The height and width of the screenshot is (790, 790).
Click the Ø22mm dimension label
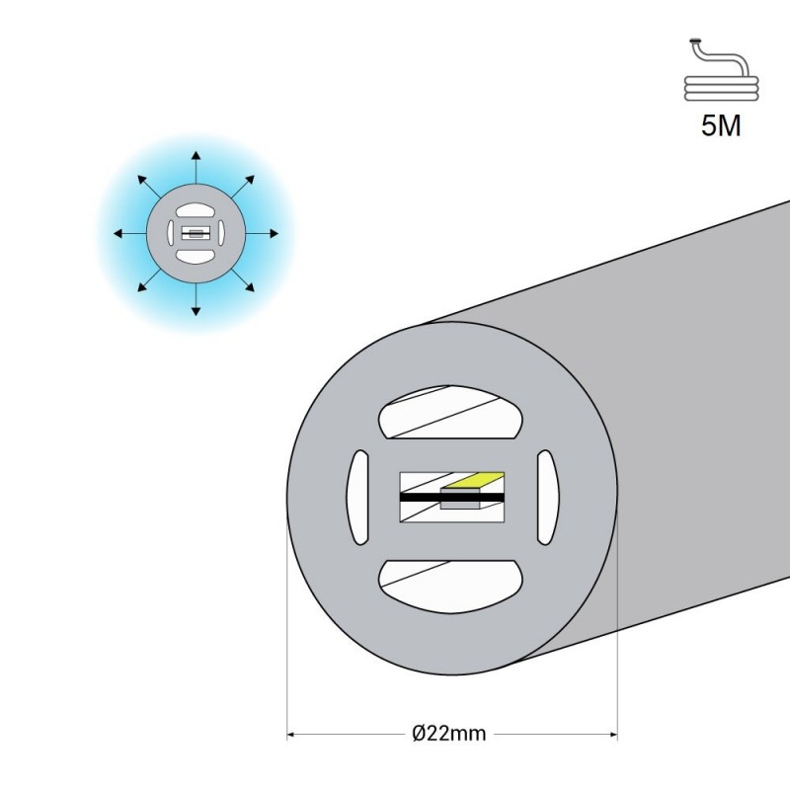(449, 733)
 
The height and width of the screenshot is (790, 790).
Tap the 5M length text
(721, 125)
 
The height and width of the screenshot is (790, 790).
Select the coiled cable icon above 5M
(722, 70)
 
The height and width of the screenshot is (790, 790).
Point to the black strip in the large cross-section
(452, 498)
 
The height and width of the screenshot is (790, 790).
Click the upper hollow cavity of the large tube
(450, 412)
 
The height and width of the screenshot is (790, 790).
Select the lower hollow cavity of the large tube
(450, 587)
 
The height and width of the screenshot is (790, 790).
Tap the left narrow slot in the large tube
(357, 498)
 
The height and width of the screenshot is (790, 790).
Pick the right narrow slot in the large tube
(548, 498)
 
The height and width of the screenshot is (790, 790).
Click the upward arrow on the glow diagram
(196, 167)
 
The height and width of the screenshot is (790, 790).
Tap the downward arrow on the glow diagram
(196, 299)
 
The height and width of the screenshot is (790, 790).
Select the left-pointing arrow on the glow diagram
(130, 233)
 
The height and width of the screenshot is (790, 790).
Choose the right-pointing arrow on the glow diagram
(262, 233)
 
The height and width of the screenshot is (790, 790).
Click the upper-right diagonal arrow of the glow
(243, 187)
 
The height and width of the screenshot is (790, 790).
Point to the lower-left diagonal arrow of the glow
(149, 280)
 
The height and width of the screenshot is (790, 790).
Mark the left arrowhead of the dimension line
(290, 734)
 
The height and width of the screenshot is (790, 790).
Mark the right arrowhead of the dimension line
(613, 734)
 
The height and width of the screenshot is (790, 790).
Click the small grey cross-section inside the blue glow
(196, 233)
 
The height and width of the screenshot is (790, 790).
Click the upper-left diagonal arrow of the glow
(149, 187)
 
